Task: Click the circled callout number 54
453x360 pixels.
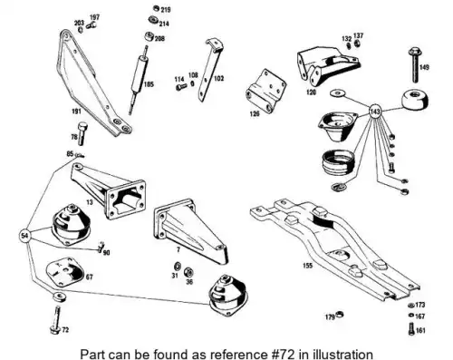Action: pyautogui.click(x=25, y=235)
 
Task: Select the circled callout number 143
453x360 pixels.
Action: pyautogui.click(x=375, y=112)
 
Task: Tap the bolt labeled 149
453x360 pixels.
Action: pyautogui.click(x=415, y=64)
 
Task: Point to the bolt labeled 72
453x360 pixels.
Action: pyautogui.click(x=56, y=320)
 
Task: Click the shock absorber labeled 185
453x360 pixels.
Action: pyautogui.click(x=139, y=80)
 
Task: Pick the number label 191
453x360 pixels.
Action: pyautogui.click(x=76, y=112)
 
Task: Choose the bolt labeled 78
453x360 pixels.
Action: pyautogui.click(x=82, y=133)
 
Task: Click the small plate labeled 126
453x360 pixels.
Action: pyautogui.click(x=265, y=91)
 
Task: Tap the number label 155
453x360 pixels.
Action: pyautogui.click(x=307, y=266)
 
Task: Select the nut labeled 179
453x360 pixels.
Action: pyautogui.click(x=340, y=314)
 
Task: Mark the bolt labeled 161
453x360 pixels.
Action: pyautogui.click(x=411, y=329)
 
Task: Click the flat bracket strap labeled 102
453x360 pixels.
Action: pyautogui.click(x=210, y=70)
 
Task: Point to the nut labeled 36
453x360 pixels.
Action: pyautogui.click(x=188, y=272)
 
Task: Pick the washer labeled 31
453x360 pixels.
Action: pyautogui.click(x=177, y=267)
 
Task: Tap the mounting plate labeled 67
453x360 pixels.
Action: pyautogui.click(x=64, y=272)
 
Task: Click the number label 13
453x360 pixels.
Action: pyautogui.click(x=90, y=202)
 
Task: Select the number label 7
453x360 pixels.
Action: pyautogui.click(x=178, y=249)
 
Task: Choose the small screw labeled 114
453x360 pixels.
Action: pyautogui.click(x=181, y=87)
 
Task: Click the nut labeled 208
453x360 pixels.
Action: pyautogui.click(x=149, y=37)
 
